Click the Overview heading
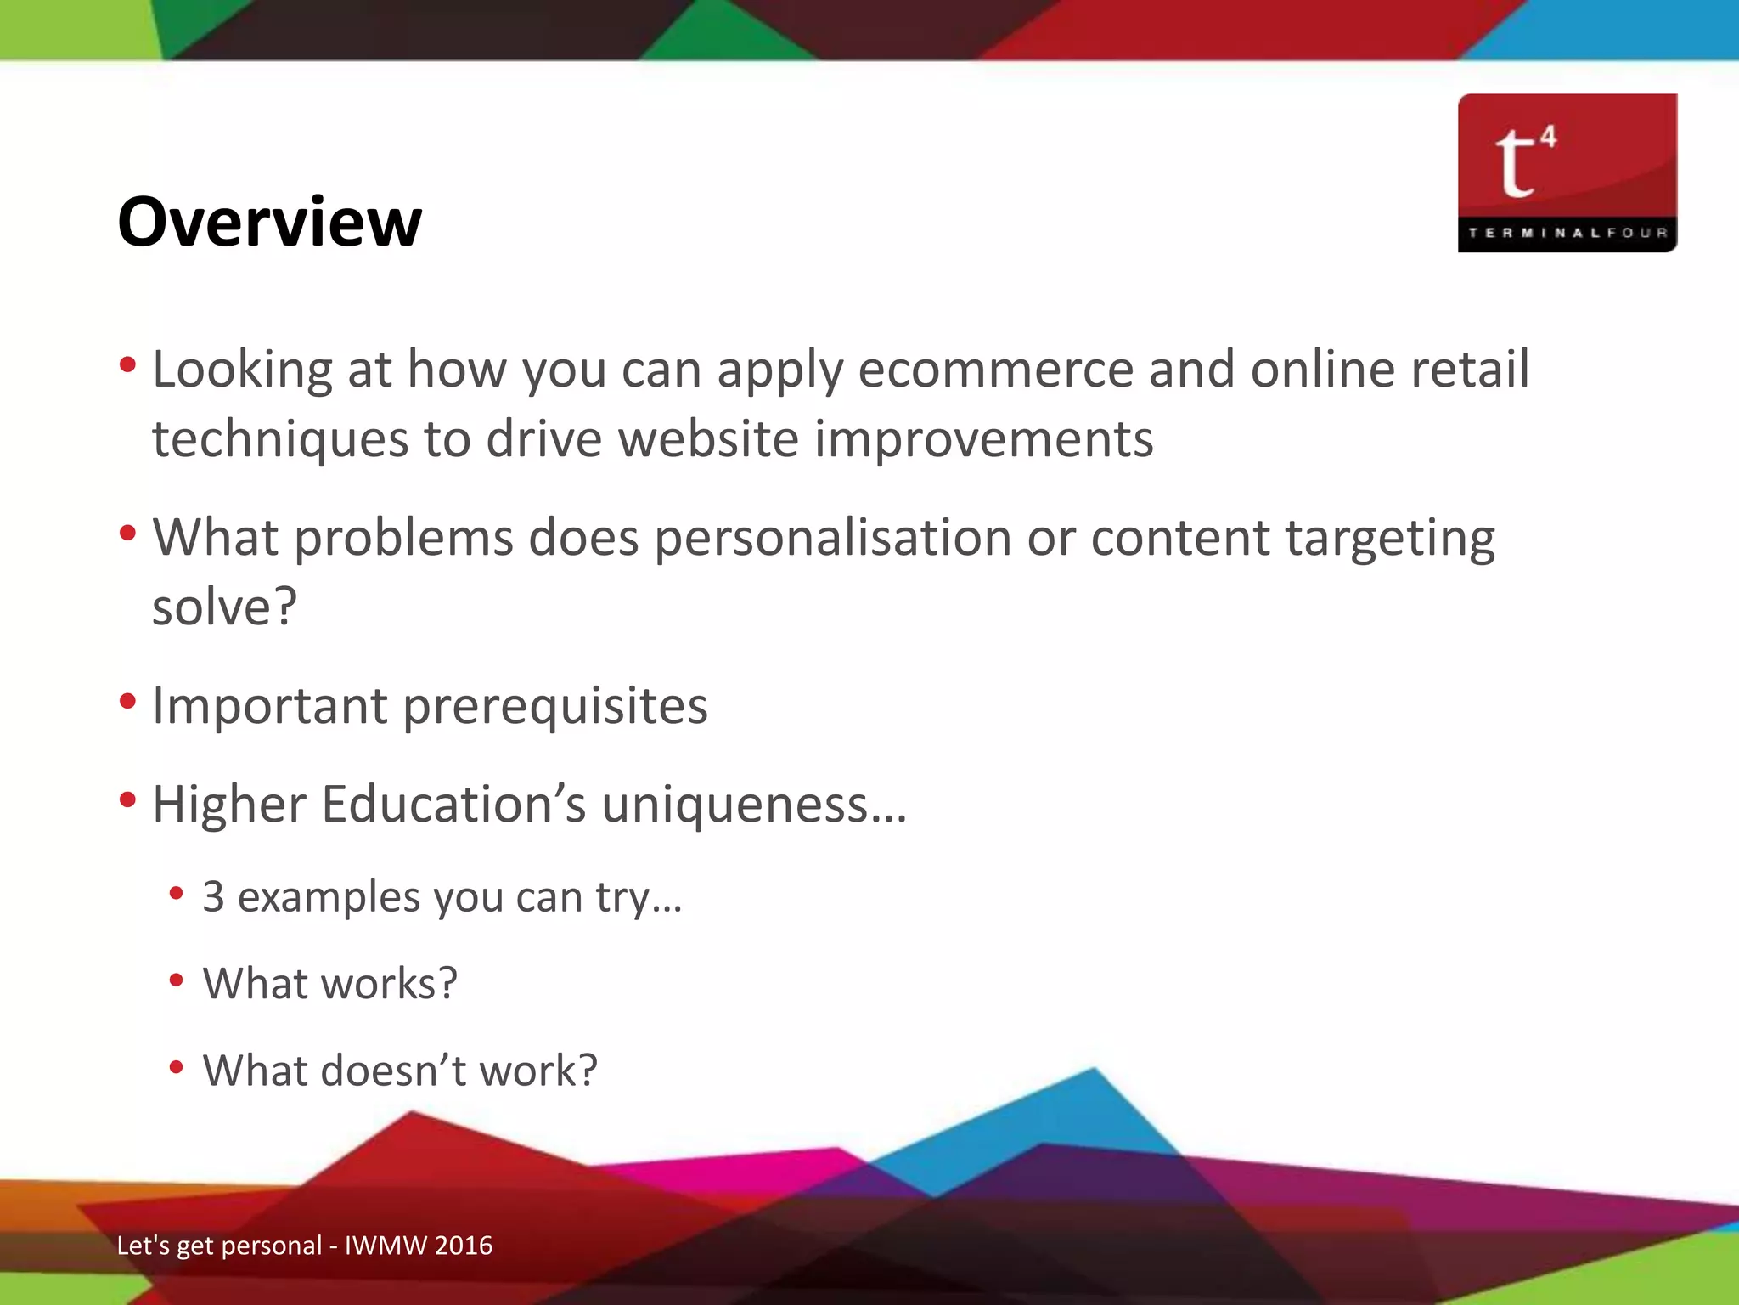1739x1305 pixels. tap(269, 222)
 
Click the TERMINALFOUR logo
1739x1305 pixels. tap(1567, 172)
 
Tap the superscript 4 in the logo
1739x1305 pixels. tap(1549, 136)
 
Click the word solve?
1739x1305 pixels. tap(225, 607)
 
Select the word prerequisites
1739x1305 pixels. tap(555, 706)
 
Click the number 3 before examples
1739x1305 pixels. tap(214, 897)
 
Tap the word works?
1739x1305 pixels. tap(390, 984)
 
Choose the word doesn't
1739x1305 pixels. tap(395, 1071)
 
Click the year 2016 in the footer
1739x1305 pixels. tap(463, 1246)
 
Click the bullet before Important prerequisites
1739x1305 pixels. tap(128, 702)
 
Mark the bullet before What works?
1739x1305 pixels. tap(177, 980)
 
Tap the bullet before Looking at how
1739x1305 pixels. tap(128, 365)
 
